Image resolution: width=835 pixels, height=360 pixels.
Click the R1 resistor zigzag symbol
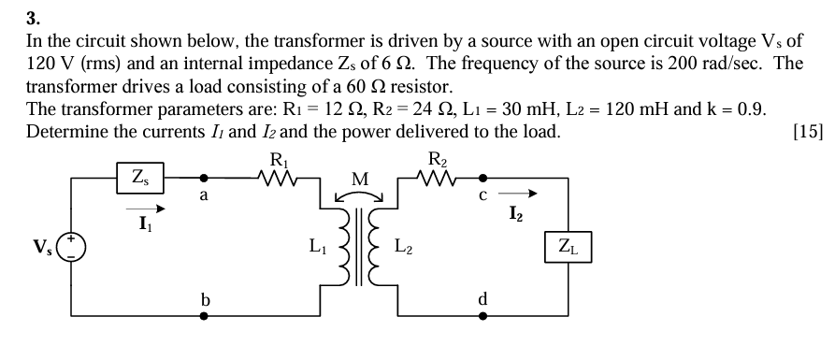tap(279, 176)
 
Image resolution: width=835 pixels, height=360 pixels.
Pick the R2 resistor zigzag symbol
tap(437, 176)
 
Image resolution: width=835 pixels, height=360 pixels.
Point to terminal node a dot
tap(204, 176)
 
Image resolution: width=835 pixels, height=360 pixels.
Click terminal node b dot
tap(204, 316)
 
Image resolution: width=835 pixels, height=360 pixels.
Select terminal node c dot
tap(482, 176)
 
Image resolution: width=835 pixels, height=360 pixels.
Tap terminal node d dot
tap(482, 316)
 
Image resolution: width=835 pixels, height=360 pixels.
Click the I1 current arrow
tap(147, 209)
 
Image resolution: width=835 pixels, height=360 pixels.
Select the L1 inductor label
tap(318, 248)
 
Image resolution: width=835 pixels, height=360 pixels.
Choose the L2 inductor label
tap(404, 248)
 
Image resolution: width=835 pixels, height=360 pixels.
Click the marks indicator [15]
tap(806, 131)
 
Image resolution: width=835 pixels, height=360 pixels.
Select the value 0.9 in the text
tap(751, 108)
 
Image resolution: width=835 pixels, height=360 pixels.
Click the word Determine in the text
tap(64, 131)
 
